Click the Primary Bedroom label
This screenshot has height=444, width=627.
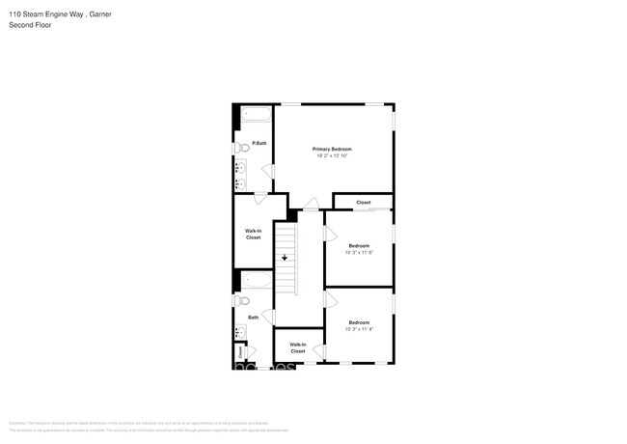(331, 149)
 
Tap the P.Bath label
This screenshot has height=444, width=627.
(259, 144)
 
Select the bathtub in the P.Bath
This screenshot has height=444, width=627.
(256, 114)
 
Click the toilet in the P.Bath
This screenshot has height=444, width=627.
(242, 148)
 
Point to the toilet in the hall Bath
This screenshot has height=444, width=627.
(242, 300)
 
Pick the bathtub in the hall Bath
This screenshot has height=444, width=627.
(256, 280)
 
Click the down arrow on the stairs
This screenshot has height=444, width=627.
(285, 258)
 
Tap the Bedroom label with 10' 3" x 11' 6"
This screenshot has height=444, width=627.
(359, 246)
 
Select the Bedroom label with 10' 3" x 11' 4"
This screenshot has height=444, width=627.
(359, 322)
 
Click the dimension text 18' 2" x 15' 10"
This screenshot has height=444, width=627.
(331, 156)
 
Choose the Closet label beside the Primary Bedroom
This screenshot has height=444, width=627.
(363, 203)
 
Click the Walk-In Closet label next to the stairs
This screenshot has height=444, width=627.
(253, 234)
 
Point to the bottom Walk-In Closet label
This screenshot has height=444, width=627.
(297, 347)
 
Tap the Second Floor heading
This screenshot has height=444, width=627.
(30, 25)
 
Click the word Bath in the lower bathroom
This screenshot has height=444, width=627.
(254, 317)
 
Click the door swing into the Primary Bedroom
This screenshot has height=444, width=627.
(311, 205)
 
